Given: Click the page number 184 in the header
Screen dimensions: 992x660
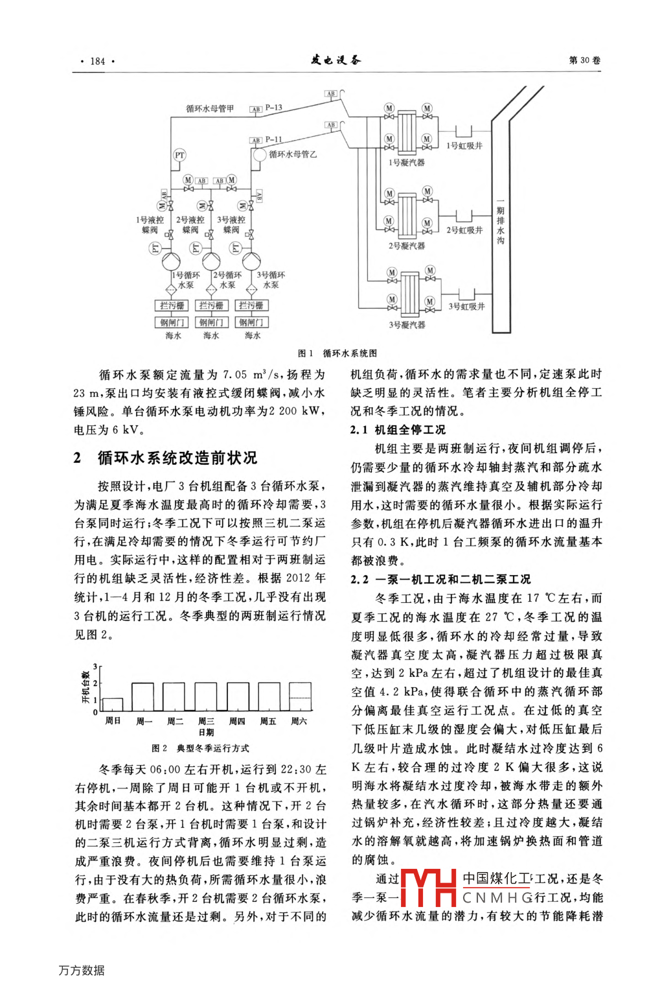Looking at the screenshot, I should click(x=97, y=61).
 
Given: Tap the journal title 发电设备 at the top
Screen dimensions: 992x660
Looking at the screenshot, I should click(x=336, y=60).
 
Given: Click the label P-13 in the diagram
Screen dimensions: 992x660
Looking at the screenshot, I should click(x=273, y=108).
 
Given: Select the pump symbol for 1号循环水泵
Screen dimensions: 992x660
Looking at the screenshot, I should click(x=171, y=261).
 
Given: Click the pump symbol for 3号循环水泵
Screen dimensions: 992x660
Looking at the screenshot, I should click(x=251, y=261).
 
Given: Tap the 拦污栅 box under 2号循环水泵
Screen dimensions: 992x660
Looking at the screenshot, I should click(x=211, y=305).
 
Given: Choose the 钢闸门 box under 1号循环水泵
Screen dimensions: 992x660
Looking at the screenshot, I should click(x=172, y=322).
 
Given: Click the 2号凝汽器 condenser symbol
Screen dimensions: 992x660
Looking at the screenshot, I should click(x=407, y=212).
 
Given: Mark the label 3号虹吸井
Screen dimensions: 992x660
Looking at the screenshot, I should click(x=466, y=306).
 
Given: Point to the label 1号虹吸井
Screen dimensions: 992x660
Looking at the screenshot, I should click(x=464, y=146).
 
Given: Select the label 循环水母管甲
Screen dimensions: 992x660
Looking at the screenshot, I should click(x=210, y=108).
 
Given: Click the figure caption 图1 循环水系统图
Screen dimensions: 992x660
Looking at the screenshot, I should click(x=337, y=353).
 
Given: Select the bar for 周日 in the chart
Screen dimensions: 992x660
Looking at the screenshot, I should click(x=113, y=705).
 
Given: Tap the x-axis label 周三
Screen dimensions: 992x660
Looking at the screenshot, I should click(x=206, y=721).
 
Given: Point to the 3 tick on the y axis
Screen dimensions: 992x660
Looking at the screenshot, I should click(x=95, y=667).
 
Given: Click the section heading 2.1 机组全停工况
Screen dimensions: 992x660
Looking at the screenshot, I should click(x=398, y=430).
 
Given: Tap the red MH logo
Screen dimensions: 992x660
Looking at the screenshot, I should click(x=429, y=888).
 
